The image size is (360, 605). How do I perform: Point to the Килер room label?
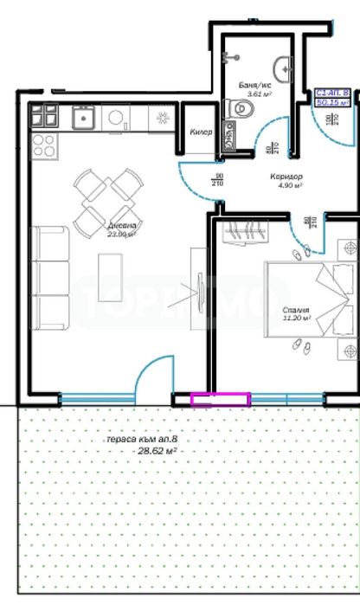click(x=202, y=132)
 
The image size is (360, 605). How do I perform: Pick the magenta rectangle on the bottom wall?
click(x=220, y=399)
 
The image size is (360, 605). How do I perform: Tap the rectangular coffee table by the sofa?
click(x=111, y=275)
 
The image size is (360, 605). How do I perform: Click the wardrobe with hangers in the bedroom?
click(x=247, y=232)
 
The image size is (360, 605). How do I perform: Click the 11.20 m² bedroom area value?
click(x=296, y=318)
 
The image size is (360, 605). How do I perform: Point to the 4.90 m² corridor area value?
click(x=289, y=184)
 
